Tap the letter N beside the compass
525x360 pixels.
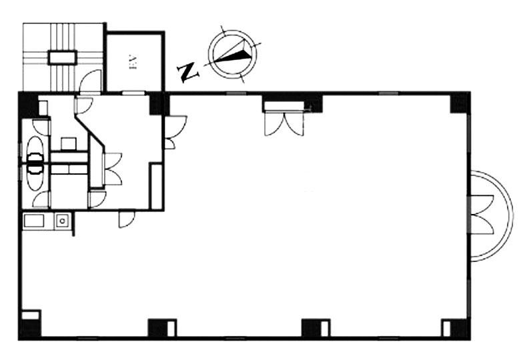point(189,71)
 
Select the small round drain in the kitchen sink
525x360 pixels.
point(61,220)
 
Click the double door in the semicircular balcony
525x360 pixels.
point(482,215)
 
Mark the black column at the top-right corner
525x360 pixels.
point(460,103)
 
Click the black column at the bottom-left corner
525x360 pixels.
point(29,328)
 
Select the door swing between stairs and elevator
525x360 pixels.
point(91,82)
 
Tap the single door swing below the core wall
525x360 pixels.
point(127,219)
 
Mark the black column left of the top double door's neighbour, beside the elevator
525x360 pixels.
point(158,103)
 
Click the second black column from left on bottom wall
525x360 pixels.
point(160,328)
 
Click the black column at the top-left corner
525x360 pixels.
point(28,104)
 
